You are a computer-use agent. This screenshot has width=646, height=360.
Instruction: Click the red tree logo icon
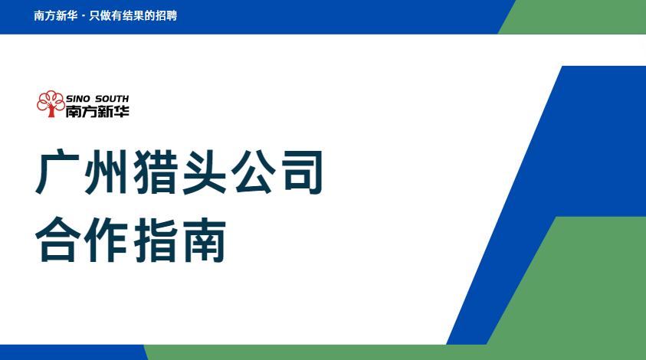click(x=51, y=104)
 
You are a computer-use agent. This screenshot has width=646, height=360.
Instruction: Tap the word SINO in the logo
click(x=78, y=99)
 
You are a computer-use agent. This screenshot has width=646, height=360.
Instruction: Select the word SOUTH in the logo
click(x=112, y=99)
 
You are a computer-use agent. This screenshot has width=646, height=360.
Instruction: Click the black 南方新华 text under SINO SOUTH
click(x=97, y=111)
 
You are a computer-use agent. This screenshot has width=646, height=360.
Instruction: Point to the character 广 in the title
click(x=57, y=172)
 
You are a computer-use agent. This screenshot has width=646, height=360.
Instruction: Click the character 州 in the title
click(x=106, y=172)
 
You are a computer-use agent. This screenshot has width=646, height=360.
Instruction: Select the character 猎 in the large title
click(x=155, y=172)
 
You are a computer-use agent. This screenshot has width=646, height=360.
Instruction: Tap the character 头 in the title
click(x=205, y=172)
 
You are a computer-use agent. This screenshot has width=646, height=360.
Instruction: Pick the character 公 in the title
click(x=254, y=172)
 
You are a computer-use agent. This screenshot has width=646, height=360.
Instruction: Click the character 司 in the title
click(x=303, y=172)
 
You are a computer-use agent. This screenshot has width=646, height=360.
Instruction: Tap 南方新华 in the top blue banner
click(x=56, y=15)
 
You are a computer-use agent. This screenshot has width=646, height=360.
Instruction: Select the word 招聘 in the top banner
click(x=166, y=15)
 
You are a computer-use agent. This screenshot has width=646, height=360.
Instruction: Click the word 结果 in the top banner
click(x=133, y=15)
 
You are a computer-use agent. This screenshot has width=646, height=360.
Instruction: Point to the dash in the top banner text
click(x=84, y=17)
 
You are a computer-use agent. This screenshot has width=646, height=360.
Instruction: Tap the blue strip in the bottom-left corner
click(x=72, y=352)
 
